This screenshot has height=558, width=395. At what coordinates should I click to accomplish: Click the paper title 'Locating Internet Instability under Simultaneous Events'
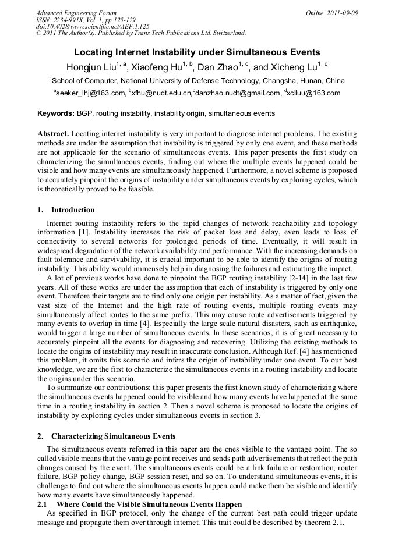(x=197, y=52)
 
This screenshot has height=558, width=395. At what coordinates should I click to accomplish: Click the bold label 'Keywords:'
(x=55, y=113)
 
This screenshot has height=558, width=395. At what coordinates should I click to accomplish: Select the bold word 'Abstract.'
(x=54, y=133)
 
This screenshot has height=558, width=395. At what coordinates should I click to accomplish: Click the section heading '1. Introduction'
(x=66, y=210)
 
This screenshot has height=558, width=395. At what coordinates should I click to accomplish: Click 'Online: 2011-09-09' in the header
(x=331, y=13)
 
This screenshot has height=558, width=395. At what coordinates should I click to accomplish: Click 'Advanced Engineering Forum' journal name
(x=76, y=13)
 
